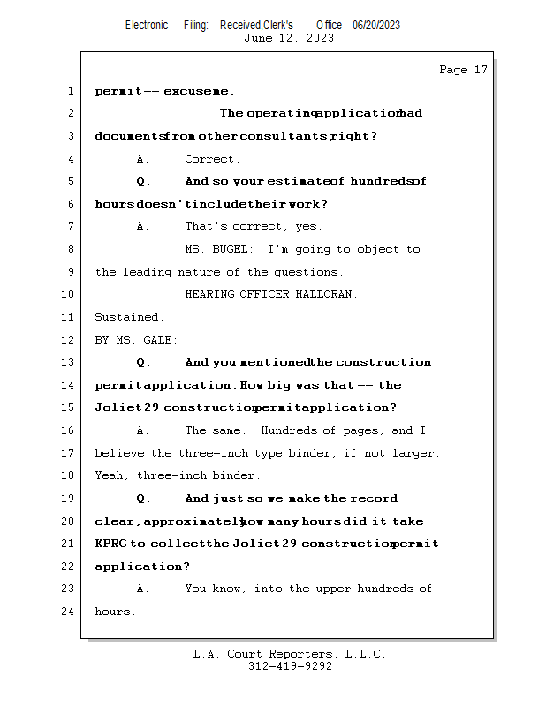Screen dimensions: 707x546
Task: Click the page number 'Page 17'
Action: click(463, 70)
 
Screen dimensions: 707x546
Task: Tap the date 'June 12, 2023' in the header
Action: click(289, 38)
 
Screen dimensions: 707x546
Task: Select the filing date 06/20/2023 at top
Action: click(376, 25)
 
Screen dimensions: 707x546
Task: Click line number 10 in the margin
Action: click(68, 294)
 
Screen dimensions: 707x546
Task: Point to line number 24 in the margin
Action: click(68, 611)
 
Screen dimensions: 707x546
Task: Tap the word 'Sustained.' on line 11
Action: click(129, 317)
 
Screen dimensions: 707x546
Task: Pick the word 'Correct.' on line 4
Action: click(212, 159)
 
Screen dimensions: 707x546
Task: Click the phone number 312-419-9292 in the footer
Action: click(290, 666)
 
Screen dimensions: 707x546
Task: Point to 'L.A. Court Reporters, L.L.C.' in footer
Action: click(289, 654)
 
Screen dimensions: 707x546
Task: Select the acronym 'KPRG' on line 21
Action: click(110, 544)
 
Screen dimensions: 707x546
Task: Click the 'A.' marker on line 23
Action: click(143, 589)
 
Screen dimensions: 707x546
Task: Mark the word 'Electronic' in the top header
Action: click(147, 25)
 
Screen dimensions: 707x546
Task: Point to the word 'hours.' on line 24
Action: click(116, 612)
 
